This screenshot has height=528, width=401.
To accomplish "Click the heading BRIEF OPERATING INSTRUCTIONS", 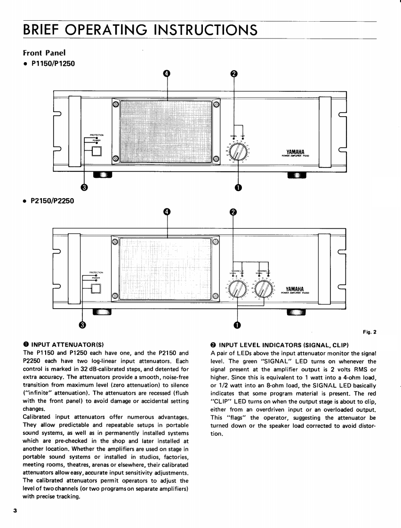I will coord(140,30).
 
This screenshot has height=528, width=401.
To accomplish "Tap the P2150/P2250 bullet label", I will coord(52,201).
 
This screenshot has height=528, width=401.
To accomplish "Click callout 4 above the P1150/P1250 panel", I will coord(166,73).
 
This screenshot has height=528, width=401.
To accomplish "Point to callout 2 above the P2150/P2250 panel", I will coord(233,212).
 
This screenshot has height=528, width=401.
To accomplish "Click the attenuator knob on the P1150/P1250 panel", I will coord(238,152).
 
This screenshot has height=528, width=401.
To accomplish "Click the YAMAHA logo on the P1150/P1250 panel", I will coord(296,151).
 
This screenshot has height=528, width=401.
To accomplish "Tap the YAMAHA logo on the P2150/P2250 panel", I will coord(296,288).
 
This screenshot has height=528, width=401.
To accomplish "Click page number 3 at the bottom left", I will coord(15,510).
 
